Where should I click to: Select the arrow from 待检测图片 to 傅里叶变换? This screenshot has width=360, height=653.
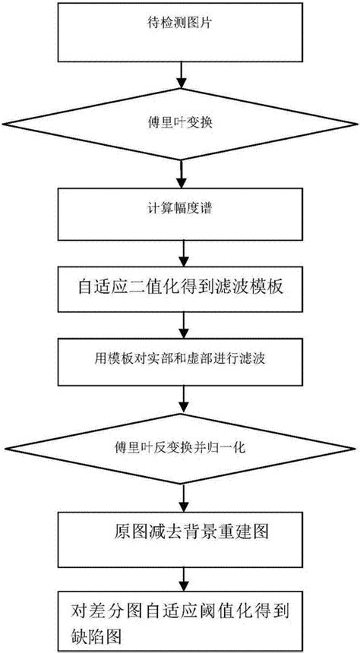(x=182, y=72)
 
